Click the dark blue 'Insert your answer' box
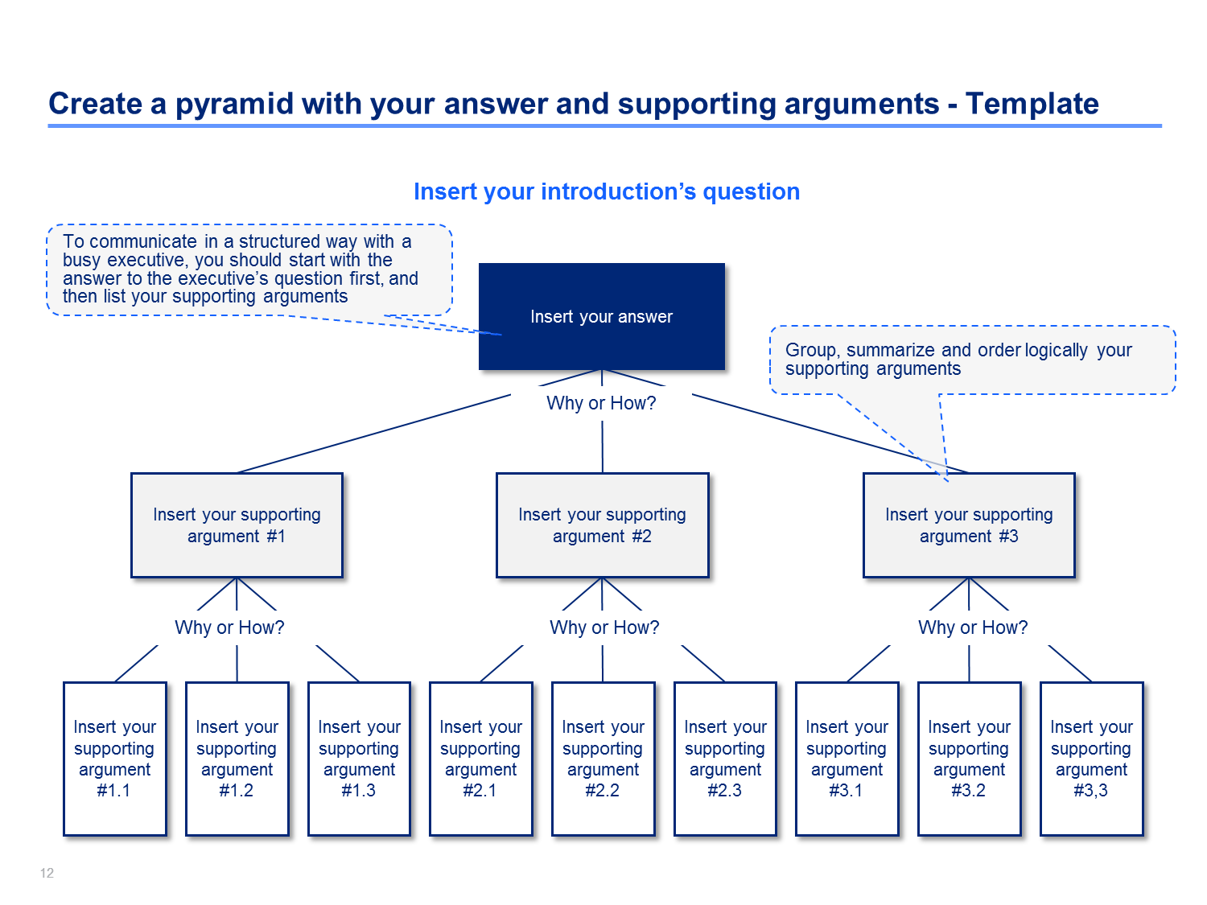point(601,316)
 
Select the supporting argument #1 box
point(237,524)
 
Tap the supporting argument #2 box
point(602,524)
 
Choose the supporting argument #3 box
point(969,524)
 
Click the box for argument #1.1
point(114,759)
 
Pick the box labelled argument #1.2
point(237,759)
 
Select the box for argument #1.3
point(359,759)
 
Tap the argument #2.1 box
point(480,759)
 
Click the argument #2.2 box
point(603,759)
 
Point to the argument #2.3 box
point(725,759)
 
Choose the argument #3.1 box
point(847,759)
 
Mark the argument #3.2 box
point(970,759)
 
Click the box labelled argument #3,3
point(1091,759)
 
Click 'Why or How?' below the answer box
point(601,403)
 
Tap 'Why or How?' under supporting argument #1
point(229,627)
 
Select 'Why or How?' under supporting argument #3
point(973,627)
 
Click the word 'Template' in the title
point(1032,104)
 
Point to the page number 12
point(47,873)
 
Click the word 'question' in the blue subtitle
point(751,191)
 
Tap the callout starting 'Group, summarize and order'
point(972,360)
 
